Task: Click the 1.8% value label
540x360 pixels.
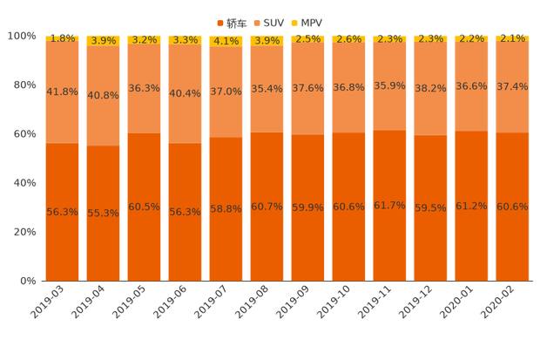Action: pos(62,38)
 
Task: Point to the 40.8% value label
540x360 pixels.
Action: pos(103,96)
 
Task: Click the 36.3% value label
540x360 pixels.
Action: pos(144,88)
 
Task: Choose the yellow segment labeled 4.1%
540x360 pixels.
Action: pos(226,40)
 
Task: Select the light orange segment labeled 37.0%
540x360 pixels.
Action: pos(226,91)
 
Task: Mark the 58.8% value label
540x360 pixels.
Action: pos(226,209)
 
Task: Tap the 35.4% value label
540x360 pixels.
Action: pos(267,88)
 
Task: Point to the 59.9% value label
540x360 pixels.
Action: pos(307,207)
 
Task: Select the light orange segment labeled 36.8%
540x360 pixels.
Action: pos(348,87)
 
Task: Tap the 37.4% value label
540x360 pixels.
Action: pos(512,86)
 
